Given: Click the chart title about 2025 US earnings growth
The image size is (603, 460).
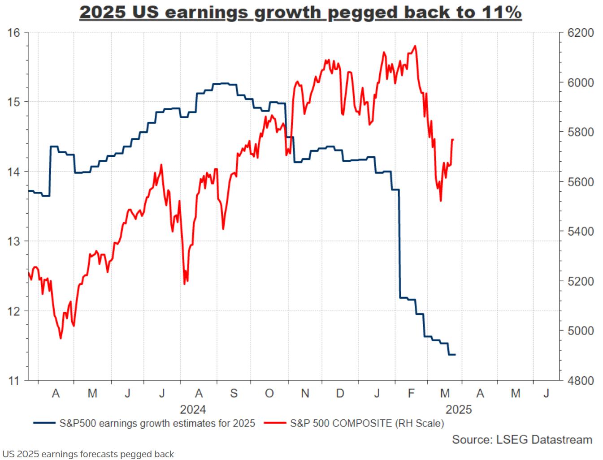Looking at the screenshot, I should [300, 12].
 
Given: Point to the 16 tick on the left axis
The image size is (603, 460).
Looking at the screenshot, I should [13, 33].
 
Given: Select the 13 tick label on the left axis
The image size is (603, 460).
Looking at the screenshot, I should [13, 241].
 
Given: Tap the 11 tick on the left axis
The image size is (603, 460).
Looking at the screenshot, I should [13, 381].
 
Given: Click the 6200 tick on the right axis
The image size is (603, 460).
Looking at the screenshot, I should [580, 33].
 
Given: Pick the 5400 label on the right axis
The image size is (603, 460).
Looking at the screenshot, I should [580, 232].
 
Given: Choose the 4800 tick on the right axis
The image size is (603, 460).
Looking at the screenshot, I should [580, 381].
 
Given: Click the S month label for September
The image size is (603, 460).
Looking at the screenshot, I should [234, 394].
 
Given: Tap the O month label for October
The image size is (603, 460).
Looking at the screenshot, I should [269, 394].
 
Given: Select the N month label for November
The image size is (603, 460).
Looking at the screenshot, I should [305, 394].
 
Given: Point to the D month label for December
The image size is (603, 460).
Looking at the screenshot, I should [340, 394].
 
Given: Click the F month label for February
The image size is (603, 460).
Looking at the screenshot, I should [411, 394].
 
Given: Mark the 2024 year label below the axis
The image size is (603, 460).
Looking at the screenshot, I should [193, 409].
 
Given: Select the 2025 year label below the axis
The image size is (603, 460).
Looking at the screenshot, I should [458, 409].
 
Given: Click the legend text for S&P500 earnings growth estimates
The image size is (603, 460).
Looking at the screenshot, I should [157, 423].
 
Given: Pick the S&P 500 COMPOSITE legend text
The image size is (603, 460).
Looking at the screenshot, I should [367, 423].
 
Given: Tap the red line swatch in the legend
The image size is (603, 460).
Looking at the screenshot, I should [274, 423].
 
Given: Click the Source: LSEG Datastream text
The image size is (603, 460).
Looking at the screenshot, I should [522, 440].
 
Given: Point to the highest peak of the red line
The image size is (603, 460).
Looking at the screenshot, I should [416, 46].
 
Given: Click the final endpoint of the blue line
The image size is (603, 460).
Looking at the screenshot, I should [455, 355].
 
